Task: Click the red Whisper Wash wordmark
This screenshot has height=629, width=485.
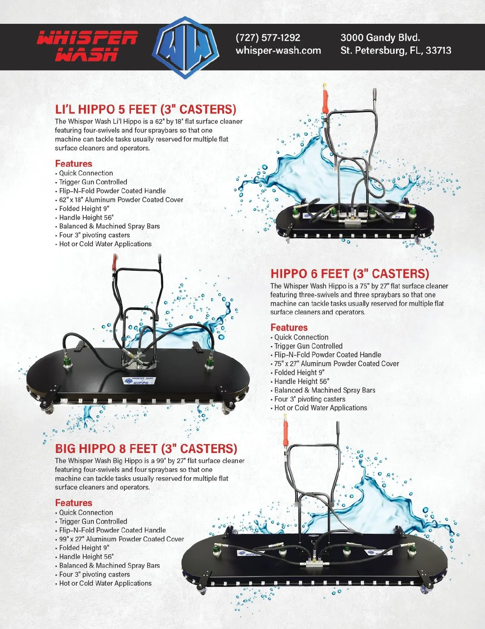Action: tap(87, 46)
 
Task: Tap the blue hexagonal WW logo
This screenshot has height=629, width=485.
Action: tap(186, 48)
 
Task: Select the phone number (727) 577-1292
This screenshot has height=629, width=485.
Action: tap(268, 38)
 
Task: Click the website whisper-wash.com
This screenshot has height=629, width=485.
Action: tap(278, 50)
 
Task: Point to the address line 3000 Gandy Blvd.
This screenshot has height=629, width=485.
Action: tap(380, 38)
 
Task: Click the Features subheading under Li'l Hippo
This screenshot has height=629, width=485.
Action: tap(74, 164)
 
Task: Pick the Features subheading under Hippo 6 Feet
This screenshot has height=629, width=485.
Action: tap(289, 327)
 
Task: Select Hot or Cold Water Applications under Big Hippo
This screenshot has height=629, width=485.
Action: tap(105, 583)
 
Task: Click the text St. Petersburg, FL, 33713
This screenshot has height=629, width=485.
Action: tap(396, 50)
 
